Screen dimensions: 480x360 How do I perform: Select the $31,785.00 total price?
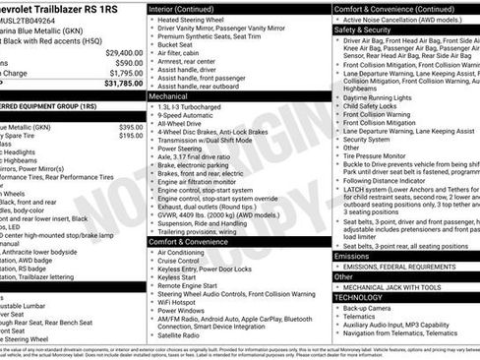point(124,84)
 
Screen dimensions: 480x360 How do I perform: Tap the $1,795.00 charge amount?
point(126,73)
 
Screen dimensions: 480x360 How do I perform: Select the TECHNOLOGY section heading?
point(359,296)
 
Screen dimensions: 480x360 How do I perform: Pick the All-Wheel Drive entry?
point(185,126)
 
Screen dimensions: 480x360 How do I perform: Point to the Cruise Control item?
point(186,261)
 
